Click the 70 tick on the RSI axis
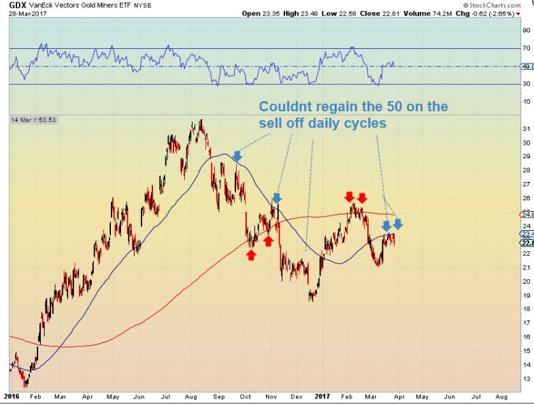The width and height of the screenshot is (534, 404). tap(526, 48)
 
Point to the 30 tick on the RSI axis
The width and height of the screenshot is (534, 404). tap(526, 84)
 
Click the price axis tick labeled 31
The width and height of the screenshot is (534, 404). tap(526, 129)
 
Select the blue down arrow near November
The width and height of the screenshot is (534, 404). tap(276, 198)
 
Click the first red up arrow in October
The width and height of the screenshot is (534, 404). tap(251, 255)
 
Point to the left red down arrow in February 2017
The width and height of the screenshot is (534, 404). tap(349, 196)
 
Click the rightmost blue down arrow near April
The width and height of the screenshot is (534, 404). tap(398, 223)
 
